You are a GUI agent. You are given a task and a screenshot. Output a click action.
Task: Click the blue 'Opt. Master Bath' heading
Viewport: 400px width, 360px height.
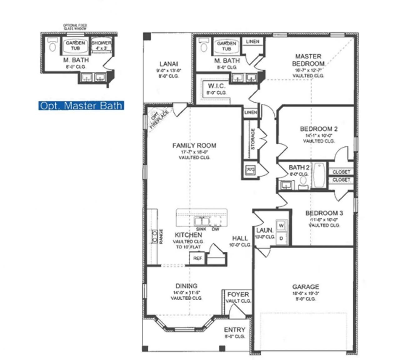point(81,106)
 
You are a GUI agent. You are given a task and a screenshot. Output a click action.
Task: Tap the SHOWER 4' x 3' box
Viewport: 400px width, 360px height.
point(101,45)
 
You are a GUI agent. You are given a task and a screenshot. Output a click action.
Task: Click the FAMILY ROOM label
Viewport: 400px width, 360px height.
point(194,145)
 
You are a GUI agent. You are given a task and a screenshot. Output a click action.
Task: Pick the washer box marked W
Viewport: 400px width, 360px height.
point(281,226)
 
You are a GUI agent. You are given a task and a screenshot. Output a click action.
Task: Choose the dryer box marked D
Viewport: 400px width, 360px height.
point(281,238)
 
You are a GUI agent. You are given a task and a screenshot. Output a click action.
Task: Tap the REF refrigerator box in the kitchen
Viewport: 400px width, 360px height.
point(197,258)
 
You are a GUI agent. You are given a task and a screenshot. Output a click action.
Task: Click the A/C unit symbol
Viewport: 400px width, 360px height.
point(251,170)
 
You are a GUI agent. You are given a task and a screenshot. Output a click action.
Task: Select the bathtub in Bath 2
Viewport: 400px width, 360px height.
point(319,175)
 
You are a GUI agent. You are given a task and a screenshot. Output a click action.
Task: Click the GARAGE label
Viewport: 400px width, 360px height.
point(305,287)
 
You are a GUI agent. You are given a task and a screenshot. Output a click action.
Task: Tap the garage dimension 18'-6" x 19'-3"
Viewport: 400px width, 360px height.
point(305,293)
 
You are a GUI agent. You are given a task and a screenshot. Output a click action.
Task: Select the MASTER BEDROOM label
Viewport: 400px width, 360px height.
point(308,60)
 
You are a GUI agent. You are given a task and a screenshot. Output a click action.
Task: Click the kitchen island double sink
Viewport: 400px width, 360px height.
point(202,221)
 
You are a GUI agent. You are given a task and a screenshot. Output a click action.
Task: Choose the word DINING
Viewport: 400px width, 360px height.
point(186,286)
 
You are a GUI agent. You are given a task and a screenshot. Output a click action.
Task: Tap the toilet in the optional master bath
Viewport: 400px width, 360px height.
point(52,45)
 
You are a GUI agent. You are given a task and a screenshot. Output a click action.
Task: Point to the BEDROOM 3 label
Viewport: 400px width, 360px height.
point(324,213)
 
